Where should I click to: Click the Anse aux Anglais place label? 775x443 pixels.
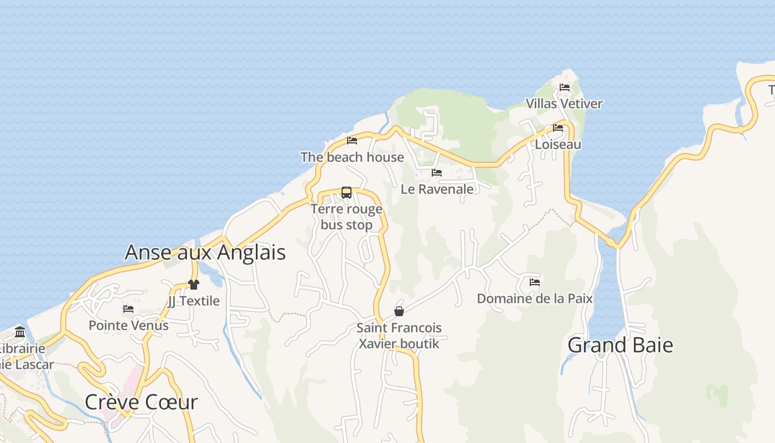pyautogui.click(x=205, y=253)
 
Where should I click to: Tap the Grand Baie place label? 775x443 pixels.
pyautogui.click(x=620, y=345)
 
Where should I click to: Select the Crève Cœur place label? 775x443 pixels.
pyautogui.click(x=141, y=402)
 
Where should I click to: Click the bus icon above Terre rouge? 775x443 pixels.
pyautogui.click(x=347, y=193)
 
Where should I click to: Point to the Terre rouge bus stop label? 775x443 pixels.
pyautogui.click(x=347, y=217)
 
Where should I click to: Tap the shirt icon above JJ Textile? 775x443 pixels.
pyautogui.click(x=193, y=285)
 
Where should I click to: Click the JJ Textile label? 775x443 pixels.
pyautogui.click(x=193, y=301)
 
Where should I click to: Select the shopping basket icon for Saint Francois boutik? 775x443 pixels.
pyautogui.click(x=399, y=311)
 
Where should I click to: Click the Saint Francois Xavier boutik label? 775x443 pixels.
pyautogui.click(x=399, y=336)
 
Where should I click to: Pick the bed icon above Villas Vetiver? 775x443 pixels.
pyautogui.click(x=564, y=87)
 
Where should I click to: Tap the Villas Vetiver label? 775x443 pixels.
pyautogui.click(x=564, y=104)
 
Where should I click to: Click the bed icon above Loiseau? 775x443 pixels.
pyautogui.click(x=557, y=128)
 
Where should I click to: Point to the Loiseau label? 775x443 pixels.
pyautogui.click(x=557, y=145)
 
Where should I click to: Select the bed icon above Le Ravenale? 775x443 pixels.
pyautogui.click(x=437, y=173)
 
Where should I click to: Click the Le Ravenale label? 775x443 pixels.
pyautogui.click(x=437, y=189)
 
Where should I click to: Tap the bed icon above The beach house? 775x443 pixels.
pyautogui.click(x=352, y=141)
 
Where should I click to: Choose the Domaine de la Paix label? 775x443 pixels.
pyautogui.click(x=534, y=299)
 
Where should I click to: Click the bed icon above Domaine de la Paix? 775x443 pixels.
pyautogui.click(x=534, y=282)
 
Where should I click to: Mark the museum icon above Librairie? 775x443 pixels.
pyautogui.click(x=20, y=332)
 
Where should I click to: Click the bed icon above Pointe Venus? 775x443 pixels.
pyautogui.click(x=128, y=309)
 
